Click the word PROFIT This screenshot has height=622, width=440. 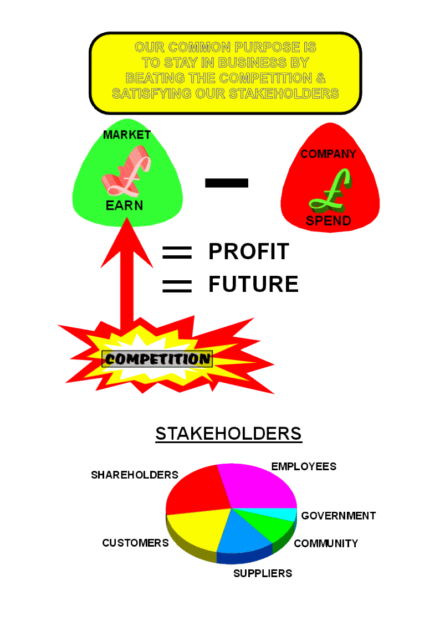tap(248, 251)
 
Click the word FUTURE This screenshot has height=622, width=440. tap(253, 284)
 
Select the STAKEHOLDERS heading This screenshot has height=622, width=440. tap(228, 434)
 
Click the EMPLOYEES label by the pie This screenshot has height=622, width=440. tap(304, 466)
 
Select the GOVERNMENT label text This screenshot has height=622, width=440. tap(338, 516)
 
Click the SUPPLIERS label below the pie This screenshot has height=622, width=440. tap(262, 573)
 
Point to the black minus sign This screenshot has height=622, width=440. tap(227, 183)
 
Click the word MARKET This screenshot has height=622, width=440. tap(127, 135)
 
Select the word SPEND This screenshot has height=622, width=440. tap(329, 221)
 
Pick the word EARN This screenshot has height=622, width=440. tap(124, 205)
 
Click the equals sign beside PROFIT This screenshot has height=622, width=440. tap(177, 253)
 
